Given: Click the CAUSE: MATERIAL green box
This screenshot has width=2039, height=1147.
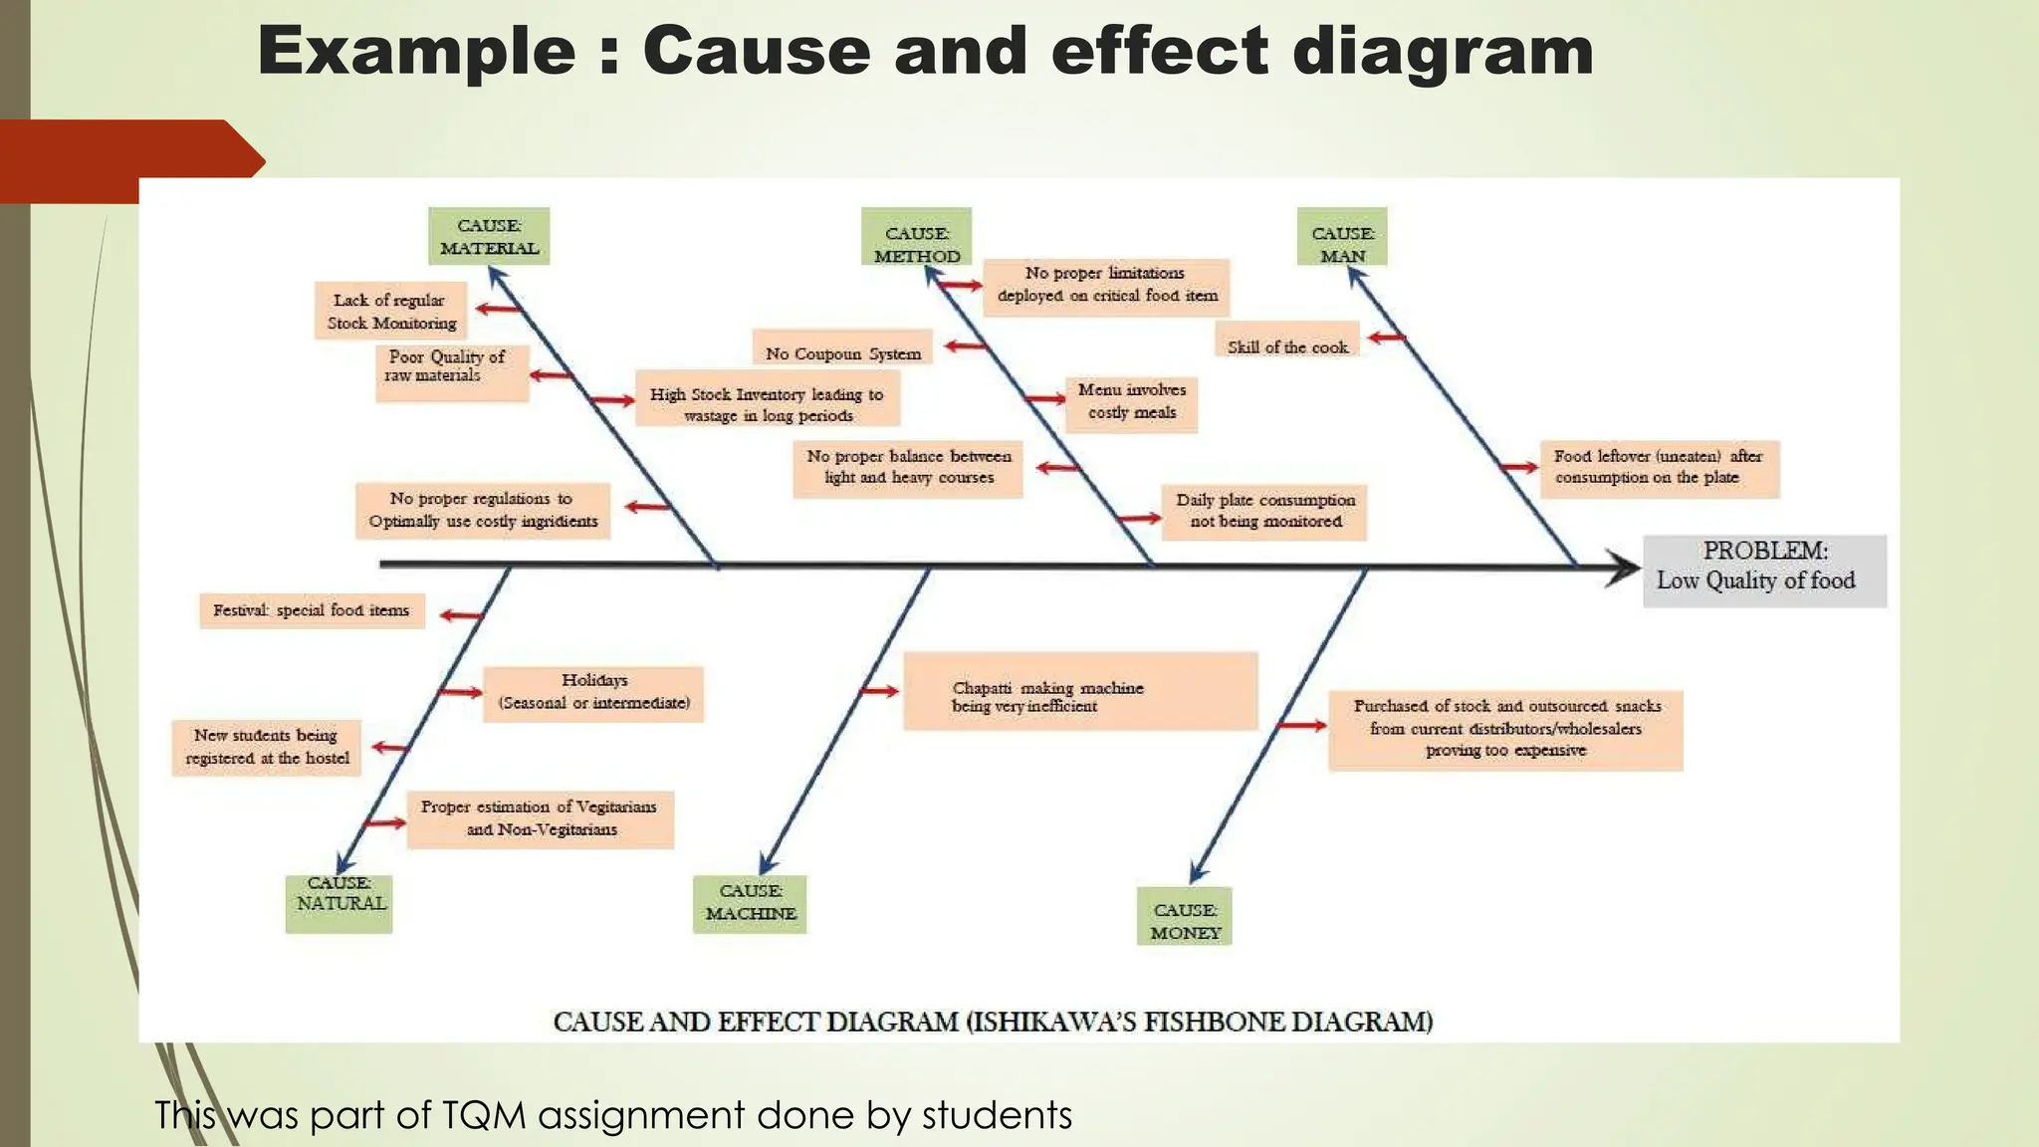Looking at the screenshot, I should click(489, 236).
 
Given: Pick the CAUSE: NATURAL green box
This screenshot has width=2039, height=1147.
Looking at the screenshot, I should click(340, 903).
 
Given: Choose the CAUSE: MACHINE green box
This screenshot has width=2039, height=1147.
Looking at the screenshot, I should click(750, 903).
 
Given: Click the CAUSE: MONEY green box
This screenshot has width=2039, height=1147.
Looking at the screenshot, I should click(1185, 916).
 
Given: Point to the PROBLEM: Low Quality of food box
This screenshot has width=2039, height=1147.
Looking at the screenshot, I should click(1764, 572).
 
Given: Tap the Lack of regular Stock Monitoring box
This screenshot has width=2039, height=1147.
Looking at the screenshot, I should click(391, 311).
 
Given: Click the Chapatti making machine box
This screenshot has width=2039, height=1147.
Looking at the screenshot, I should click(1080, 691).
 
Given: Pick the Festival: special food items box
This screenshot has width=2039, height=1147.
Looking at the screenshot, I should click(312, 610).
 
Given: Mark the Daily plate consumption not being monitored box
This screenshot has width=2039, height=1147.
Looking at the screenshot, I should click(1264, 512).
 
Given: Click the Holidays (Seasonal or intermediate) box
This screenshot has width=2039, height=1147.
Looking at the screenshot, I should click(593, 693).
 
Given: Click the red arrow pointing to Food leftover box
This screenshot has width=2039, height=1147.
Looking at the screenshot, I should click(1519, 467).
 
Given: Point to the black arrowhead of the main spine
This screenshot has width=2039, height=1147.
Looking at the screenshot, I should click(1623, 568).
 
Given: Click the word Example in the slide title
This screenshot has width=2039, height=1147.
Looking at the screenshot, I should click(416, 52).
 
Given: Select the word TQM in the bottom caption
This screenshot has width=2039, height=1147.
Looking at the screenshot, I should click(482, 1115).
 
